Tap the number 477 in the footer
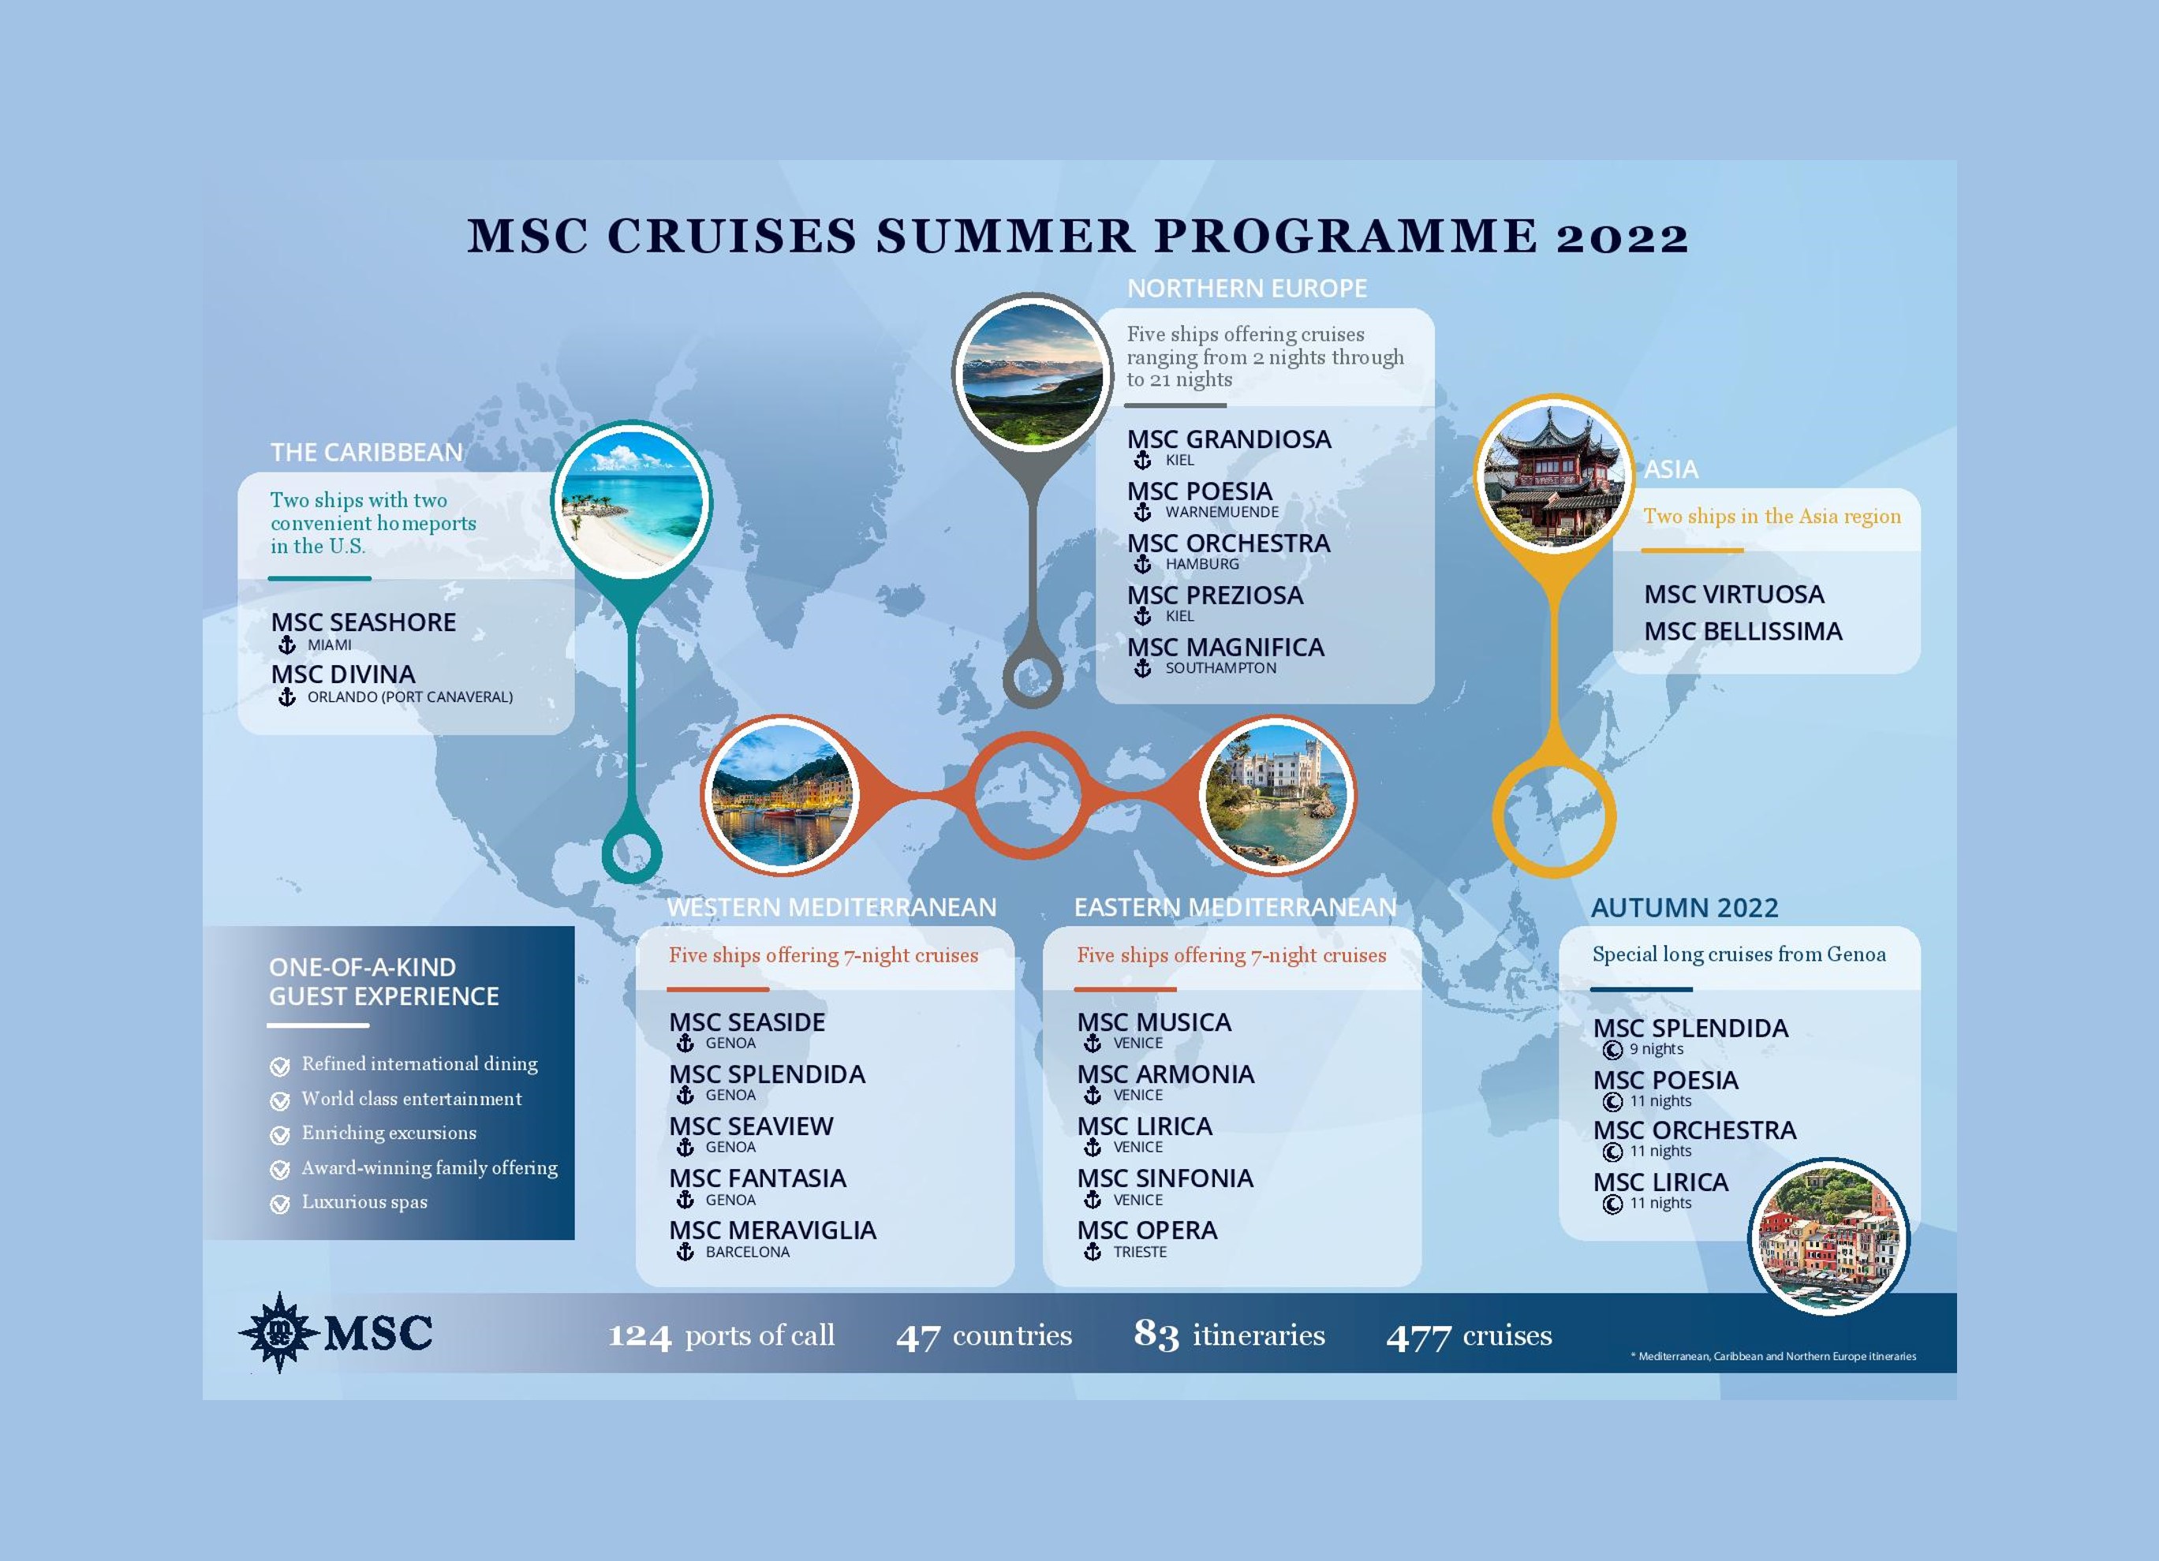(1418, 1337)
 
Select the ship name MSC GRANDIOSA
(1229, 439)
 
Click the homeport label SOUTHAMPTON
(1221, 668)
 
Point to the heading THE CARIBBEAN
(367, 452)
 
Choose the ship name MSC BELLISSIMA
(1743, 631)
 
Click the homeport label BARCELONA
(747, 1252)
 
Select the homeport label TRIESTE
(1140, 1252)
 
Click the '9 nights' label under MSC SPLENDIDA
(1657, 1049)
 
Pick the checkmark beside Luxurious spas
(280, 1204)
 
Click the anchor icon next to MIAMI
(286, 645)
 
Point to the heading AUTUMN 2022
(1684, 908)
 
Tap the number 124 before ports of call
(640, 1336)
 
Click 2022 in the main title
(1622, 237)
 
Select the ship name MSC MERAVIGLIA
(772, 1230)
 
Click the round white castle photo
(1279, 796)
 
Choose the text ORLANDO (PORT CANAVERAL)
(410, 696)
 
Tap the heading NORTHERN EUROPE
(1247, 289)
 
